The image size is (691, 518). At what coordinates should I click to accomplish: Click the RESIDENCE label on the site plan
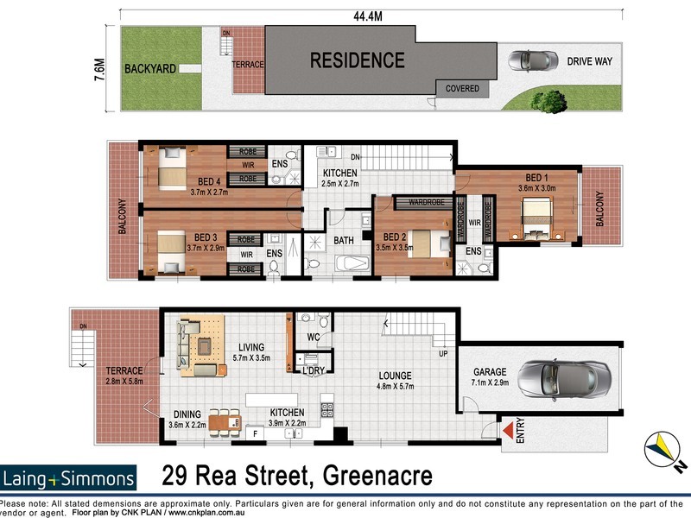pyautogui.click(x=357, y=60)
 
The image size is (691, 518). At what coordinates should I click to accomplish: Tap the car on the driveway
pyautogui.click(x=531, y=60)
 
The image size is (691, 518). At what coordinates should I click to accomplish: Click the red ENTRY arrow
pyautogui.click(x=507, y=429)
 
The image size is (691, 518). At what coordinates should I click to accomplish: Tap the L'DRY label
pyautogui.click(x=313, y=370)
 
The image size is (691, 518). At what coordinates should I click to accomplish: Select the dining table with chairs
pyautogui.click(x=223, y=422)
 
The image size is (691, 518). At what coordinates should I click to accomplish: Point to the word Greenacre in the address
pyautogui.click(x=377, y=476)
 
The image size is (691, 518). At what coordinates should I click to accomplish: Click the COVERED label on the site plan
pyautogui.click(x=462, y=88)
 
